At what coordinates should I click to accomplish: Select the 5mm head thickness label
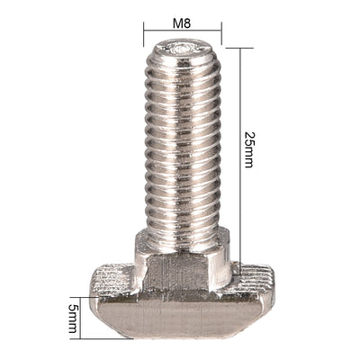pos(73,317)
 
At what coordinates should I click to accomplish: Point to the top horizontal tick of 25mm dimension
pos(239,49)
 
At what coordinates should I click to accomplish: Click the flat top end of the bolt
pos(183,49)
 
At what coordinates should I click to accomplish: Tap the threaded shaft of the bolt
pos(183,144)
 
